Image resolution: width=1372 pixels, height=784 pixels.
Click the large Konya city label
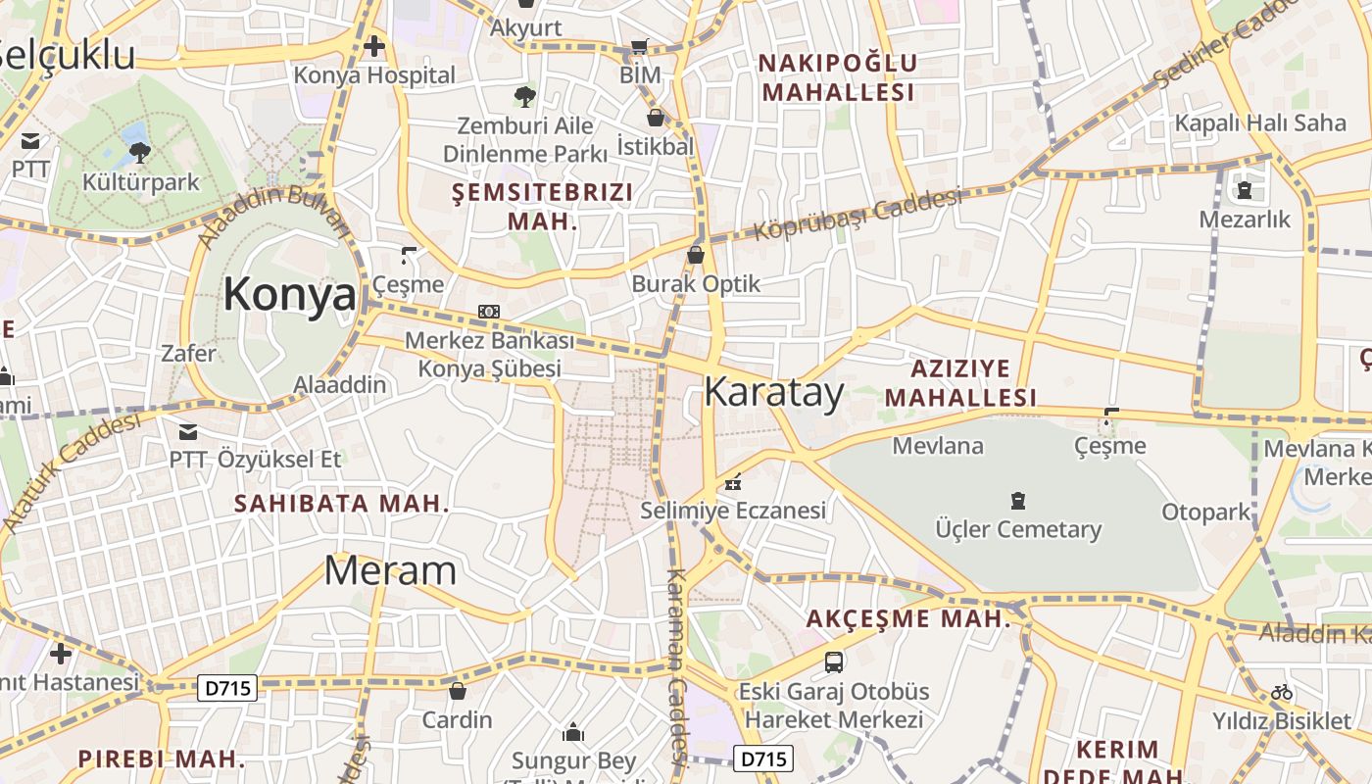click(x=289, y=294)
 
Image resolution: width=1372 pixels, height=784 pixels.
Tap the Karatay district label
click(x=773, y=392)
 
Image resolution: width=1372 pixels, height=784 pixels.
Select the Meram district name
click(x=390, y=570)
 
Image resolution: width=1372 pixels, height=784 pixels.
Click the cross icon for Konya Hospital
click(x=373, y=46)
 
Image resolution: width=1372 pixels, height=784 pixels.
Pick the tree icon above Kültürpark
click(x=140, y=152)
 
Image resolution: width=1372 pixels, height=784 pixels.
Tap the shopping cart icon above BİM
click(x=640, y=46)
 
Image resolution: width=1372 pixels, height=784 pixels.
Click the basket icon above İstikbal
click(x=656, y=118)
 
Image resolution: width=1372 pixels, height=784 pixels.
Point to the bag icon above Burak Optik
click(x=696, y=255)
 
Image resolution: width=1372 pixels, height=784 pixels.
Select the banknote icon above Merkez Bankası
click(x=489, y=312)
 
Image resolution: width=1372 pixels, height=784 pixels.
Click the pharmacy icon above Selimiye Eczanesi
click(x=733, y=481)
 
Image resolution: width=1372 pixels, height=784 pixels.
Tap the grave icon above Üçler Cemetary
click(x=1018, y=501)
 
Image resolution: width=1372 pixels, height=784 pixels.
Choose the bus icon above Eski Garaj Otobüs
click(x=834, y=661)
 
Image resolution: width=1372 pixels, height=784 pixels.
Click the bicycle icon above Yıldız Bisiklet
click(x=1282, y=692)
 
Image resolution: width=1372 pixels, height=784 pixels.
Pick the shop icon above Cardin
click(x=457, y=691)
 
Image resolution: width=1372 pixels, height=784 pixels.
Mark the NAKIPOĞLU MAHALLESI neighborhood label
click(x=839, y=77)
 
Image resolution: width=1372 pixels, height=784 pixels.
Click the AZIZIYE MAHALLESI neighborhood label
click(x=973, y=383)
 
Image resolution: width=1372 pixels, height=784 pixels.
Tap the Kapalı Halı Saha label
click(x=1260, y=122)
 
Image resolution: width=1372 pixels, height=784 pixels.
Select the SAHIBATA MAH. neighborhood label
click(x=341, y=504)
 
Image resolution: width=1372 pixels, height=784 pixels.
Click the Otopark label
click(x=1206, y=512)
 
